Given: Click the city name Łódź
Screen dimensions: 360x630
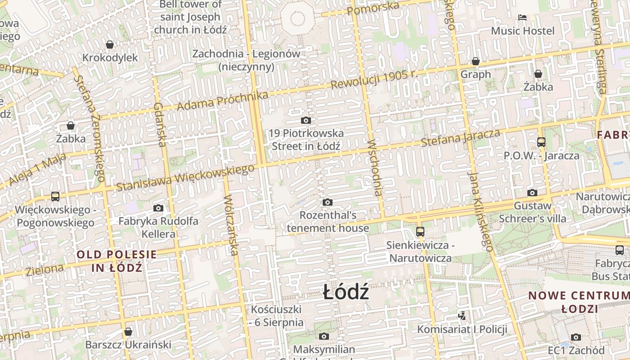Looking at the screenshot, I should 346,292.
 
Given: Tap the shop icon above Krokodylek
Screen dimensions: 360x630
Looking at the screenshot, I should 110,45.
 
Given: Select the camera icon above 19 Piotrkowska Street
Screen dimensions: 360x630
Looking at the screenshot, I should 306,120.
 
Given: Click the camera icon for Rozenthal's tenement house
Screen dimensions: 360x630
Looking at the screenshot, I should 328,202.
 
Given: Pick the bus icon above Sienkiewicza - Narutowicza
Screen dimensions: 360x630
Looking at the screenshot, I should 420,232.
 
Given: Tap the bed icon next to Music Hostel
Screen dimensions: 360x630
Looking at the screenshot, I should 522,18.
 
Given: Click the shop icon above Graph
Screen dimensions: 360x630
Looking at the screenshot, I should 476,61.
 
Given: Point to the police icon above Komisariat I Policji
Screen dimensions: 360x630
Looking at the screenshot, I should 462,315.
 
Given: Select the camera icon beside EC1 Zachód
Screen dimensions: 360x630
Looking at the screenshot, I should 576,337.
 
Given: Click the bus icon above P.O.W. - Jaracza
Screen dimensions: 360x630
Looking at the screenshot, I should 541,142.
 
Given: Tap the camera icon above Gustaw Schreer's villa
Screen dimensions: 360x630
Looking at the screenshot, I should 532,193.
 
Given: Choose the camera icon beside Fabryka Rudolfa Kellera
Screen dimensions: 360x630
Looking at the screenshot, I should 158,208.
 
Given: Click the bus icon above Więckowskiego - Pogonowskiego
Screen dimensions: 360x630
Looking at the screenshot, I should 55,197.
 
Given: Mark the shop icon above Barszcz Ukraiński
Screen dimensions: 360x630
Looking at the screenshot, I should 128,332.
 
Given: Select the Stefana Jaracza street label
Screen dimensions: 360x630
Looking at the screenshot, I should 460,138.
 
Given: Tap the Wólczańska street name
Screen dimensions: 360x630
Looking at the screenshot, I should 231,225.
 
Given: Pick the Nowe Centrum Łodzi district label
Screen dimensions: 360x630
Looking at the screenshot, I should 579,302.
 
